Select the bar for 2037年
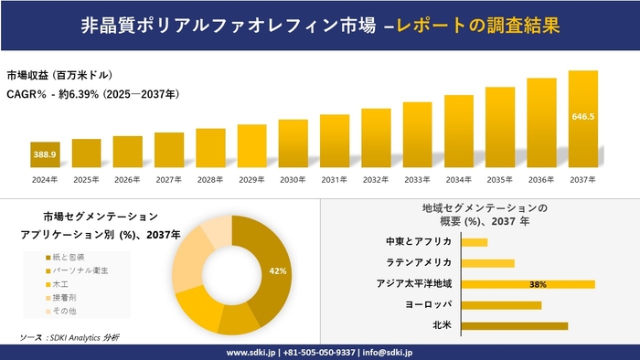(582, 120)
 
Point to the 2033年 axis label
(417, 179)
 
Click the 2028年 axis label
(210, 179)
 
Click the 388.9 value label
(45, 156)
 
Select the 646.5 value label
(582, 117)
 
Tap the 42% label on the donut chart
(278, 271)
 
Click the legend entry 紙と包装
(69, 257)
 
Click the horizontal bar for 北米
(515, 325)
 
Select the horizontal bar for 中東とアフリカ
(475, 242)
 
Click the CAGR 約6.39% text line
(92, 94)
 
